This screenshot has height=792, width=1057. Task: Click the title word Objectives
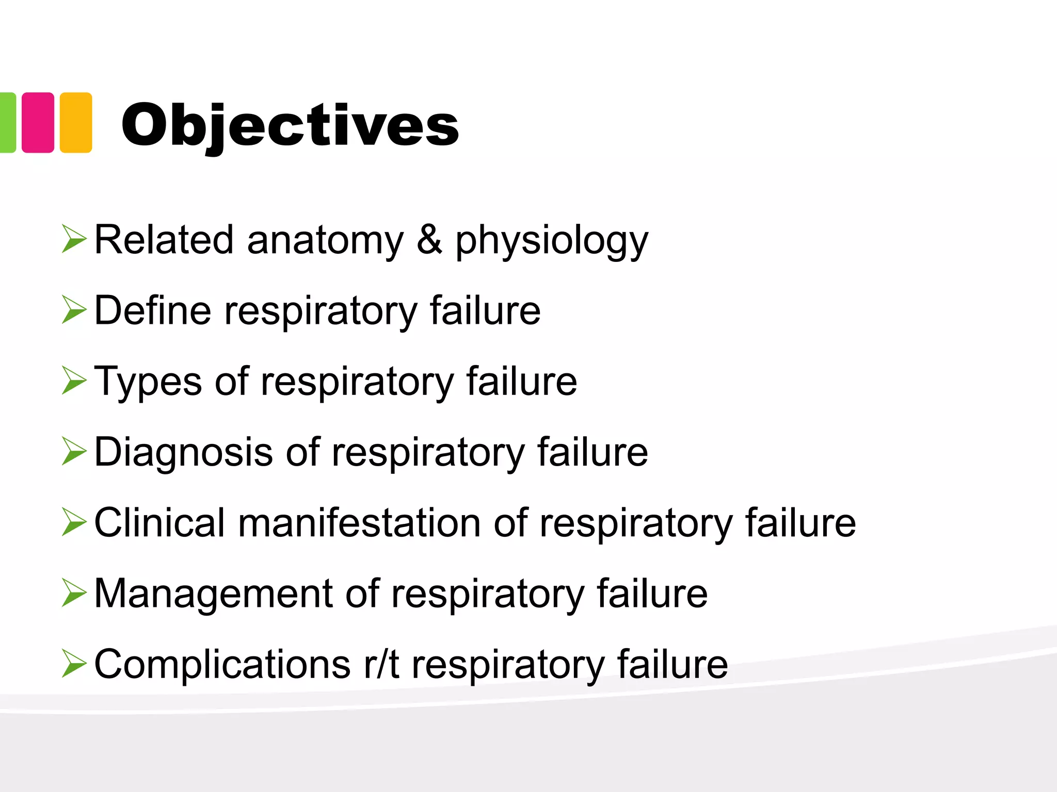tap(290, 125)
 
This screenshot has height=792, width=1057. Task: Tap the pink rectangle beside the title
tap(38, 123)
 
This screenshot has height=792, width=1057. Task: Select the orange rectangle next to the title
tap(76, 123)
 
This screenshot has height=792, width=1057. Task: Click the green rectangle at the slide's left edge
tap(7, 123)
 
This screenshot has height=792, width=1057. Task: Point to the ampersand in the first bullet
tap(429, 240)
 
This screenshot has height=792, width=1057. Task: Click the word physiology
tap(551, 241)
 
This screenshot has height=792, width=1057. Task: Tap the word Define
tap(153, 310)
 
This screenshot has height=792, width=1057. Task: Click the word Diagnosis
tap(183, 452)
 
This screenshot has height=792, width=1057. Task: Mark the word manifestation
tap(359, 523)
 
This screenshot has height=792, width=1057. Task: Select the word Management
tap(213, 593)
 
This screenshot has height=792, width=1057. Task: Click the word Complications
tap(222, 664)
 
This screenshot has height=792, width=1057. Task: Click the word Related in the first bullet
tap(164, 240)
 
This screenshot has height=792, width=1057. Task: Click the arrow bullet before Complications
tap(74, 664)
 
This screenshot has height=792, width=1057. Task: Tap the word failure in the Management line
tap(652, 593)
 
